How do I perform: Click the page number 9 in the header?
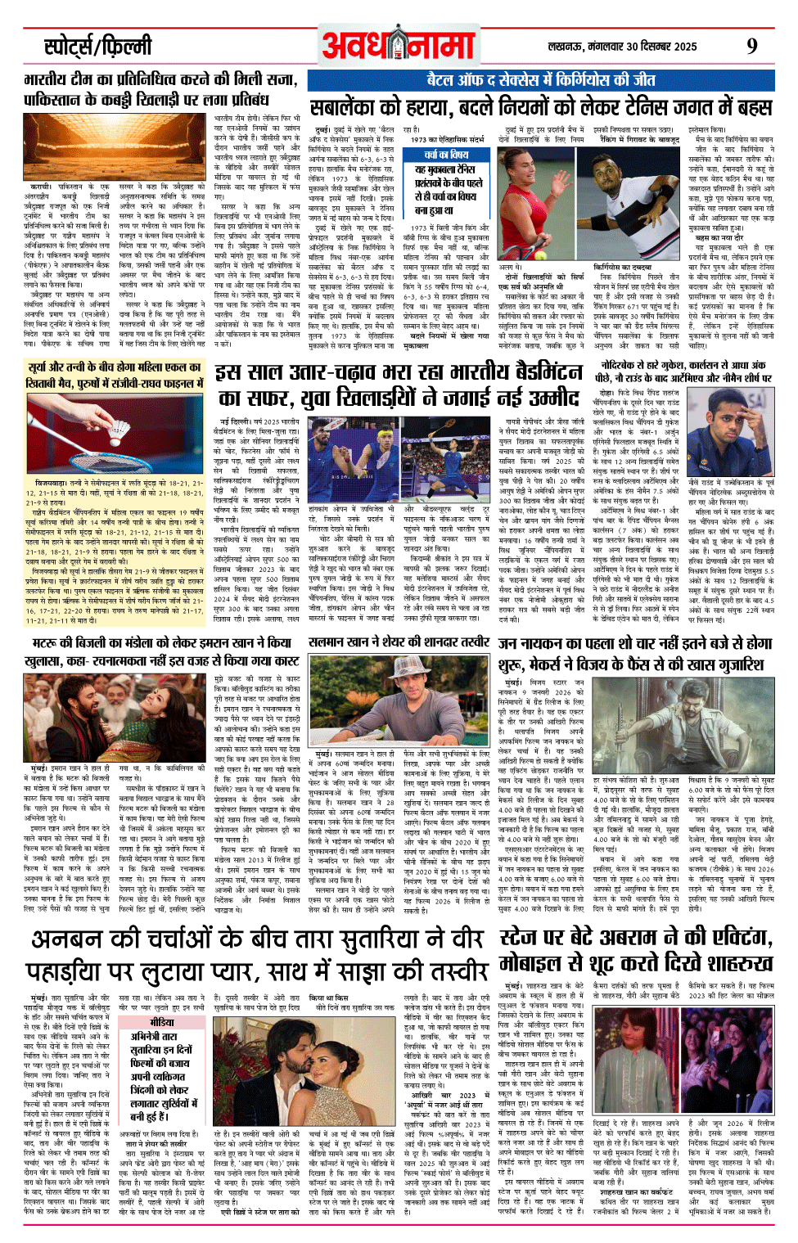751,47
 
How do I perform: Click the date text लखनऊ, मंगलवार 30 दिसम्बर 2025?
623,47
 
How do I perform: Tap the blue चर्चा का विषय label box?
446,154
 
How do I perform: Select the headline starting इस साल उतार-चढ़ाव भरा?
399,385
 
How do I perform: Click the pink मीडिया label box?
161,1022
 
